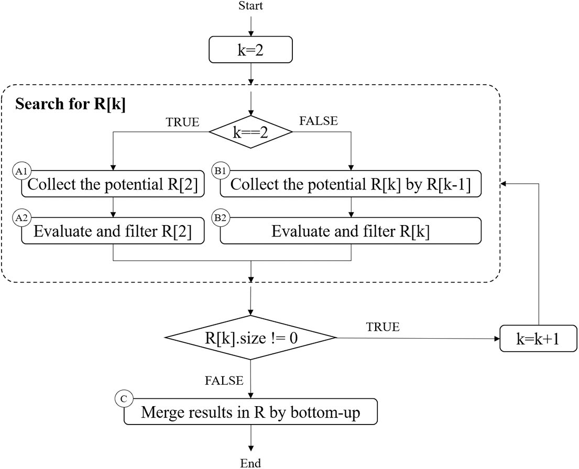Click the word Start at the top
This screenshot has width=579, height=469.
250,6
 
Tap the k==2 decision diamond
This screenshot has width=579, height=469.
251,132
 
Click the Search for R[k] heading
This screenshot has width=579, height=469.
70,104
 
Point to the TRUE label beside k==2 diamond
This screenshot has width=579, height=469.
182,122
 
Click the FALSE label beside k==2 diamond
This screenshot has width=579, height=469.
318,121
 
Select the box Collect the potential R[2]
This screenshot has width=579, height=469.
113,184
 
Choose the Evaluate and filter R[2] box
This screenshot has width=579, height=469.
113,231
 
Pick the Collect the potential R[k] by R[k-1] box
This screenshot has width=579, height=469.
350,184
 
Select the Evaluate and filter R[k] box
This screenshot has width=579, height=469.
350,231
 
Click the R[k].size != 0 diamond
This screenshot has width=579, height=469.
251,338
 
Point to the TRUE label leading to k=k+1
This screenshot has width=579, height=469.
382,327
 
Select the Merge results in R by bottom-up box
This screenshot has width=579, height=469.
250,413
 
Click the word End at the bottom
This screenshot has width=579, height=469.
250,463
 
